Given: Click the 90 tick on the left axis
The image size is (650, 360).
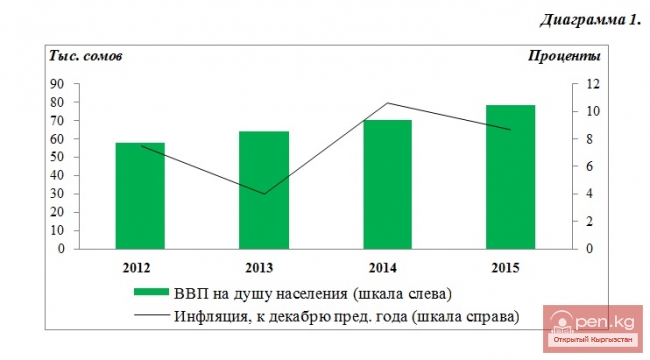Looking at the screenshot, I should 59,84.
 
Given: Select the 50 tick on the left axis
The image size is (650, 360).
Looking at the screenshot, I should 59,157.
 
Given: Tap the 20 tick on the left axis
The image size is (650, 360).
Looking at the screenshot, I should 59,212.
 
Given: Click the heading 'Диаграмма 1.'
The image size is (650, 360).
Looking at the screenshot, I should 590,21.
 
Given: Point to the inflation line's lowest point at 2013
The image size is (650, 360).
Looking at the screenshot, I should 264,194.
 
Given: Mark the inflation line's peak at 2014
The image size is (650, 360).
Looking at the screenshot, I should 388,103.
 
